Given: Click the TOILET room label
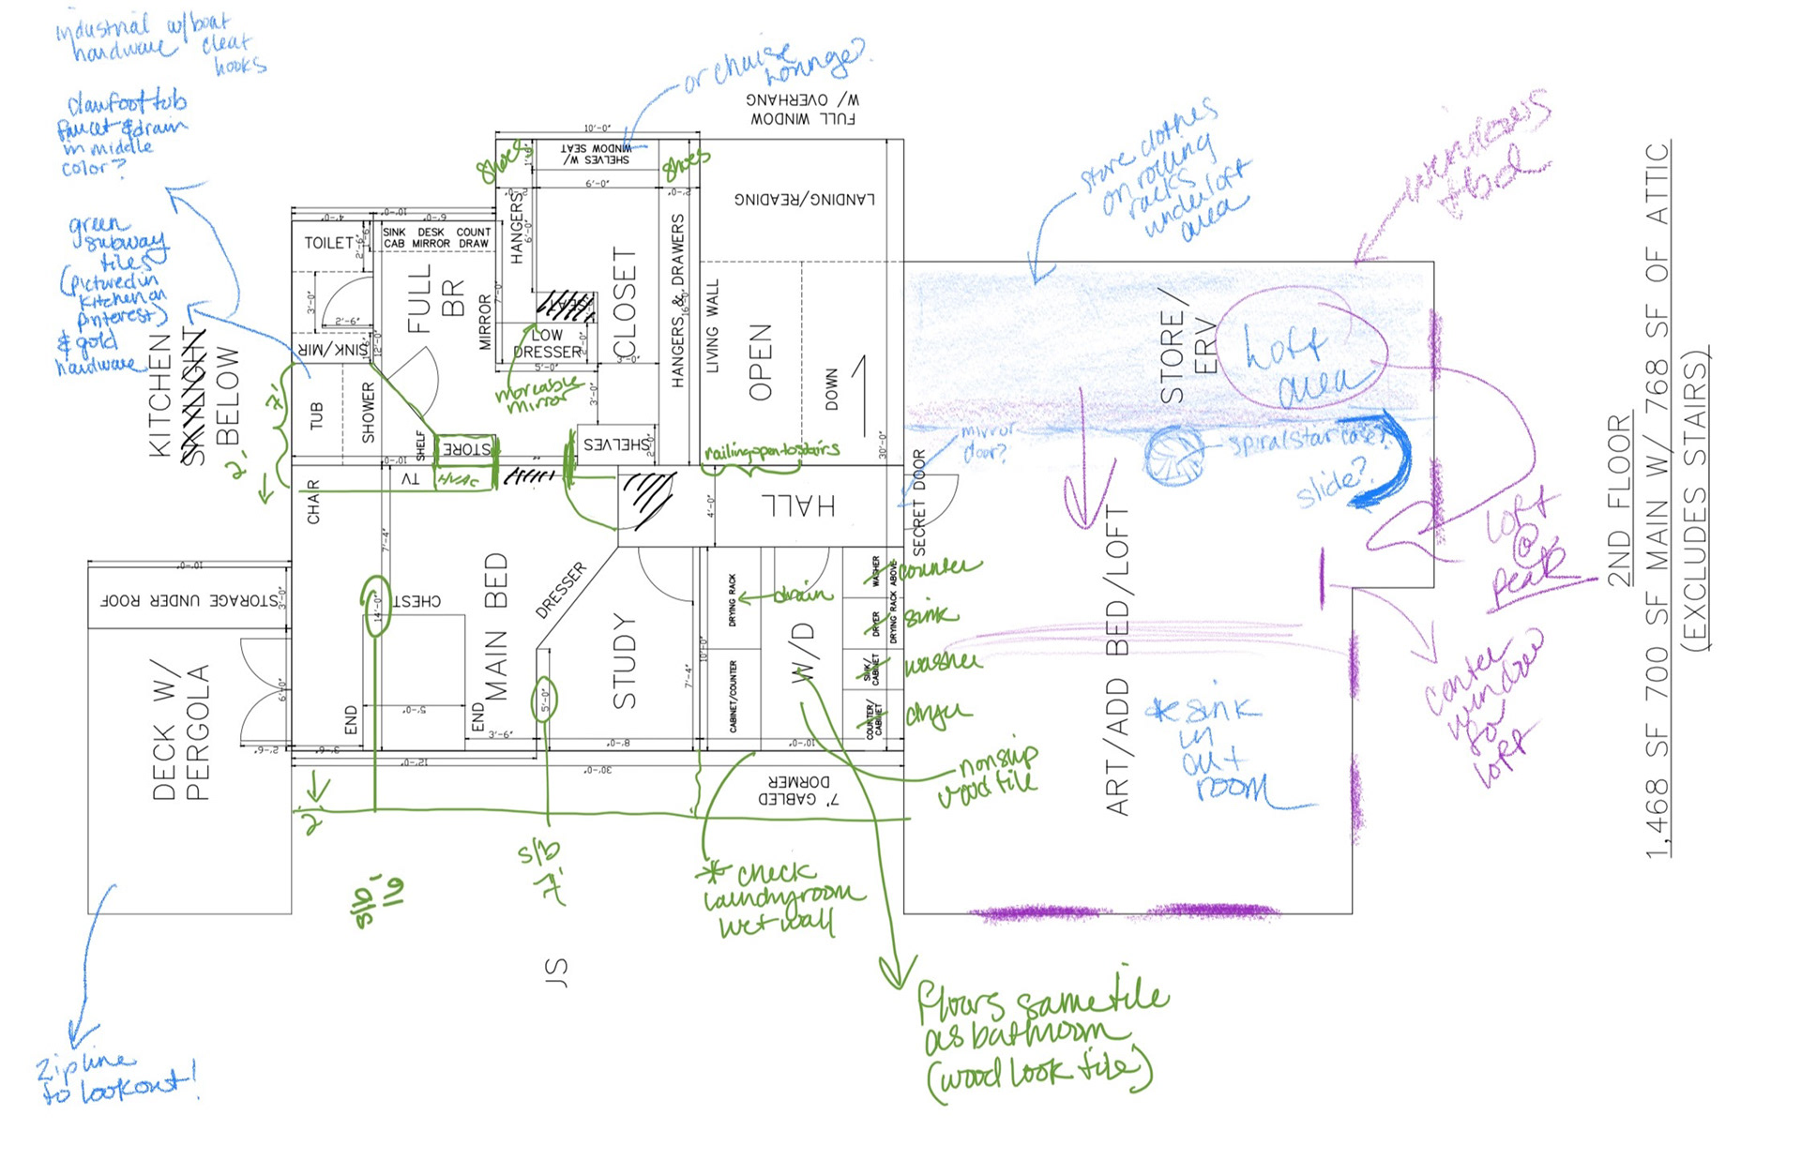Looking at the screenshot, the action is pos(328,243).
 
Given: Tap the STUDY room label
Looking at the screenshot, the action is pos(624,660).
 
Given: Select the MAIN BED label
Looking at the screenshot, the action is pos(496,626).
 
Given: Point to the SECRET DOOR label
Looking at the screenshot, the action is pos(918,502).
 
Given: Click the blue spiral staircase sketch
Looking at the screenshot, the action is pos(1174,456).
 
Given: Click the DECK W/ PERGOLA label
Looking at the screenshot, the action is pos(180,731).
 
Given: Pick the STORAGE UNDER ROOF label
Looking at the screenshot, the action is pos(189,600).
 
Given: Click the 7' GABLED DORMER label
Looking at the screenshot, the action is pos(798,791).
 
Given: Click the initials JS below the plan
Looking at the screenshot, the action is pos(555,972).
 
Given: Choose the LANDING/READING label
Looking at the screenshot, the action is pos(804,199).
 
